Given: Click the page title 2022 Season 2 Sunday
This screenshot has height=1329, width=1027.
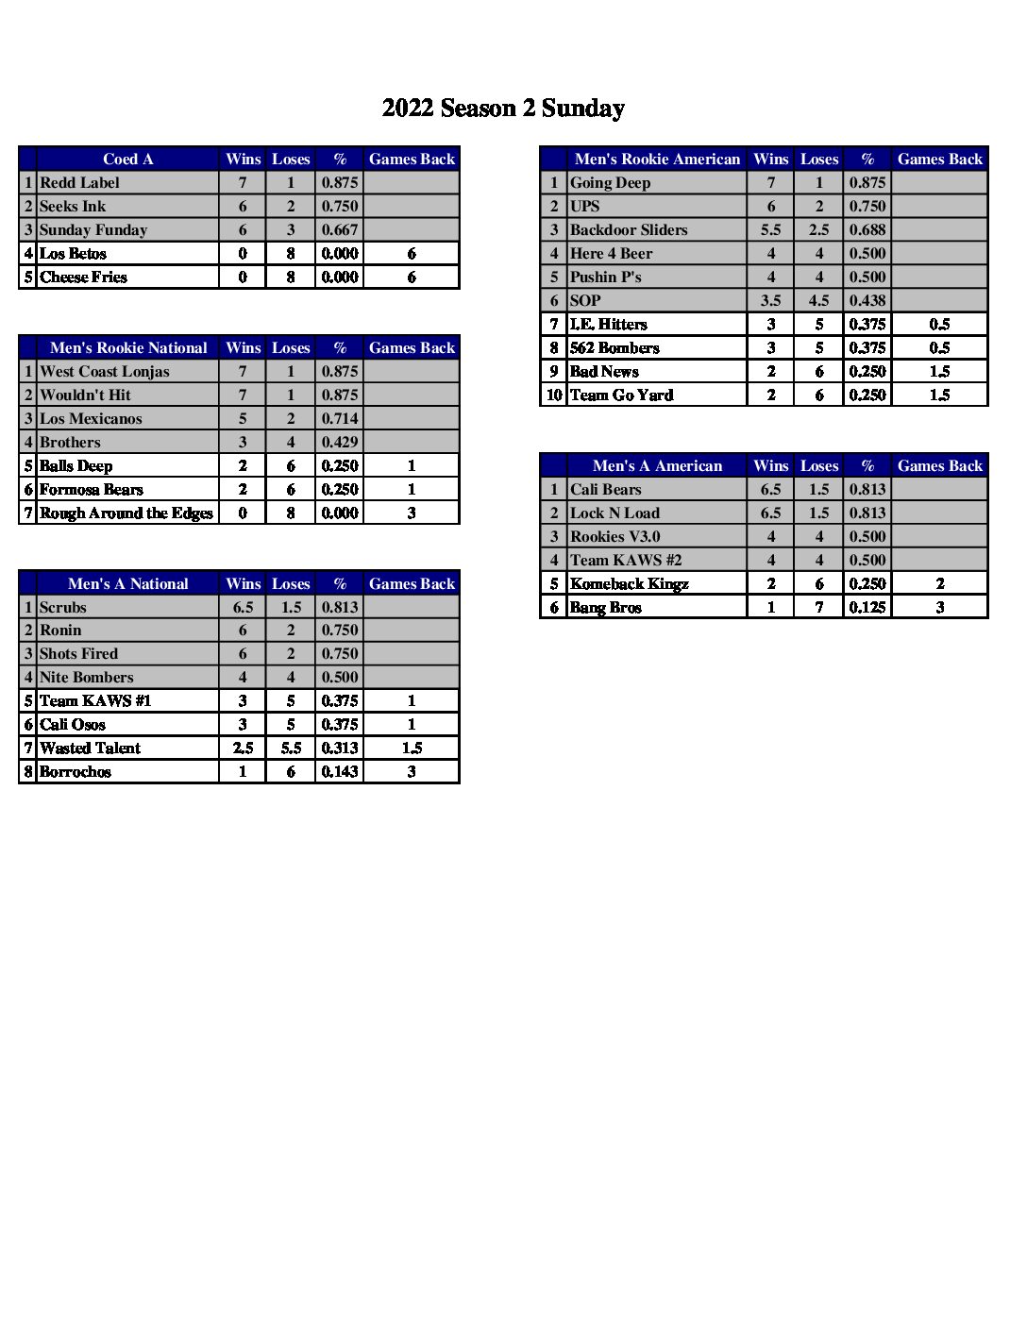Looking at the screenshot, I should [x=503, y=109].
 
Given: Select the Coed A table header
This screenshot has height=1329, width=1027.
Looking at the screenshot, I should [x=127, y=159].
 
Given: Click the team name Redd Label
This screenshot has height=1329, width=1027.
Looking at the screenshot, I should [x=79, y=182].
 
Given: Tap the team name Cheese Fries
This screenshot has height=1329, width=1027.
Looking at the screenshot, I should [x=83, y=277].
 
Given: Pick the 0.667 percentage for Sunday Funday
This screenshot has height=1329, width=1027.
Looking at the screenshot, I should [x=339, y=229].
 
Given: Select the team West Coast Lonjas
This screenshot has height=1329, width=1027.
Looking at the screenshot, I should [x=104, y=371].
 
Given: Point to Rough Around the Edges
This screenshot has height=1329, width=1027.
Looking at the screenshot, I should [x=126, y=513].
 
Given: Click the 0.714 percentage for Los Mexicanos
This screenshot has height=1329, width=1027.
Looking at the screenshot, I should [x=339, y=418].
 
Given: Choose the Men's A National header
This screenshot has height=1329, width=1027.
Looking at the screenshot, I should [x=127, y=583].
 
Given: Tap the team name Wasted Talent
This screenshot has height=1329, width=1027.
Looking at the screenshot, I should [x=90, y=748].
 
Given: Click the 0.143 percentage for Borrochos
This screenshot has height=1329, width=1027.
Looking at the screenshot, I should [x=339, y=771].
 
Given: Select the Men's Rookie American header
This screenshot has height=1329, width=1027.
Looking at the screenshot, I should [x=657, y=159].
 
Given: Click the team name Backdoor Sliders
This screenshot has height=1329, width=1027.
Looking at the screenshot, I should [x=629, y=229].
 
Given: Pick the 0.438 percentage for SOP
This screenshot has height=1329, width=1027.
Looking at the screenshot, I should [x=867, y=300].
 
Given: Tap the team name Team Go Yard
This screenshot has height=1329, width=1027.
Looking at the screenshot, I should [x=621, y=395].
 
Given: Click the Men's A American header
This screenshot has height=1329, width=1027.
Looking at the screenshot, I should [x=657, y=465].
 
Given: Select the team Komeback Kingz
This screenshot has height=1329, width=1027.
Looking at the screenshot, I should [x=629, y=583].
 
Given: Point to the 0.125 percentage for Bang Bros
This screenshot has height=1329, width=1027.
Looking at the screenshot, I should [x=867, y=607].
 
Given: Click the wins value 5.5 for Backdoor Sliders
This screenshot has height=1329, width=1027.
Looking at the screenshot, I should [x=770, y=229].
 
